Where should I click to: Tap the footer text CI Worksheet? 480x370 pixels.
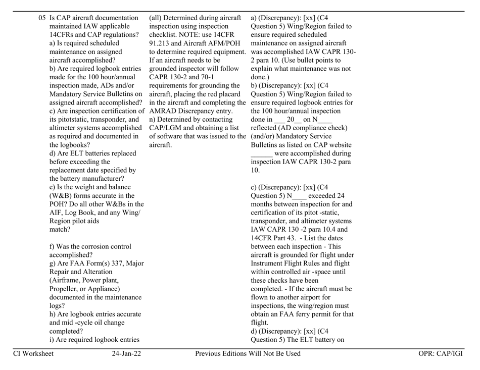[33, 353]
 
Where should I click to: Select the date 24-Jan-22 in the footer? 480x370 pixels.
[127, 353]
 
